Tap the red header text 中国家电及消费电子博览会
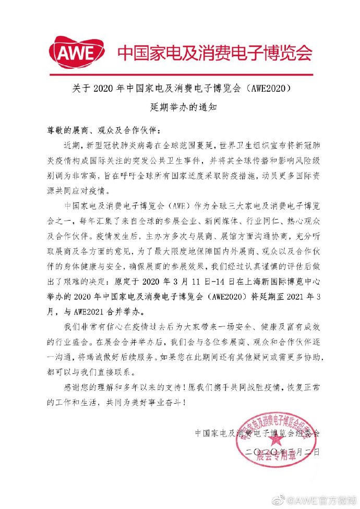coord(215,52)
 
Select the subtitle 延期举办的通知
coord(179,109)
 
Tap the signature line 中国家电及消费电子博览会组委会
coord(257,433)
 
